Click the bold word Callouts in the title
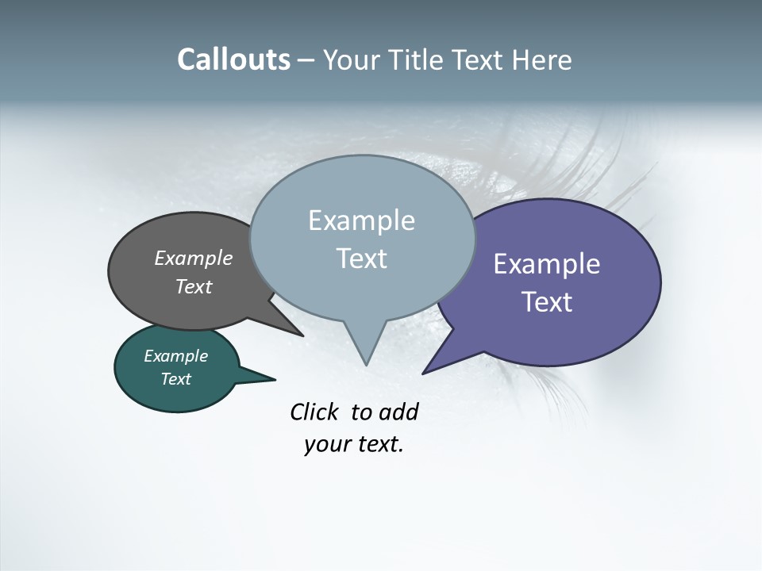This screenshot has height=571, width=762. tap(233, 59)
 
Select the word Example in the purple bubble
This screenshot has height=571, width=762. tap(547, 264)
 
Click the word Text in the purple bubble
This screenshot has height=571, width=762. tap(547, 302)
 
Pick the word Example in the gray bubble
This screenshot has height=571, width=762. tap(194, 258)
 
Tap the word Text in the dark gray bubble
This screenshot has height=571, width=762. tap(194, 286)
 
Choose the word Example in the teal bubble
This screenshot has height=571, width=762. tap(175, 356)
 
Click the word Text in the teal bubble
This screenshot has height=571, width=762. tap(175, 379)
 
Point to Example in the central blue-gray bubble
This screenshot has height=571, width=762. tap(361, 220)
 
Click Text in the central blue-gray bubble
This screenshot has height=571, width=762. tap(361, 259)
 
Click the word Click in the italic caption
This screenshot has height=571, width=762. tap(315, 412)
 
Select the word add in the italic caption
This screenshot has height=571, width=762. tap(398, 412)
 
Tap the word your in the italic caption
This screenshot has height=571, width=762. tap(326, 444)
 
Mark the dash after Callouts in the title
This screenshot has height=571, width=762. tap(306, 60)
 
